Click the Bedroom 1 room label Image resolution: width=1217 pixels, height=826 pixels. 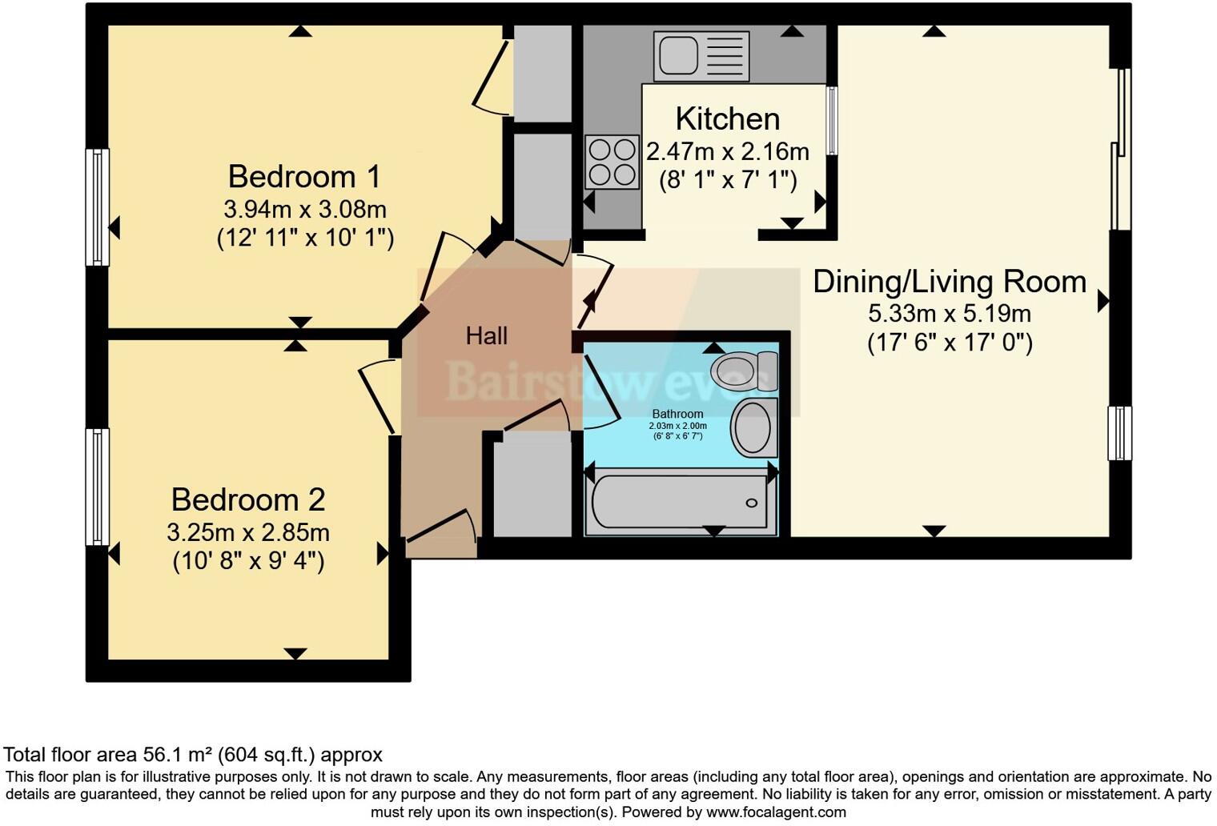click(x=304, y=176)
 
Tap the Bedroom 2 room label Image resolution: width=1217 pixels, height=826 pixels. click(x=248, y=499)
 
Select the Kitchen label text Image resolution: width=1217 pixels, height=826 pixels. click(x=727, y=118)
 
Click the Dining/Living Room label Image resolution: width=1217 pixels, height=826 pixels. click(x=950, y=282)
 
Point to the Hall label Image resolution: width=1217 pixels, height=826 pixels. click(x=486, y=336)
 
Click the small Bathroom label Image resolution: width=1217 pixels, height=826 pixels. click(x=677, y=414)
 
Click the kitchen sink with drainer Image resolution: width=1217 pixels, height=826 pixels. click(x=701, y=56)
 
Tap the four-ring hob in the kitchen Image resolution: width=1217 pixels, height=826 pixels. click(x=613, y=162)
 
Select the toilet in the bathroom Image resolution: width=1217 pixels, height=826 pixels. click(x=745, y=371)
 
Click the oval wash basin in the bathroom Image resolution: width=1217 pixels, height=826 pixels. click(x=753, y=427)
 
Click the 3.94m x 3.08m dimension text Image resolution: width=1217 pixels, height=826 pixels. click(x=304, y=210)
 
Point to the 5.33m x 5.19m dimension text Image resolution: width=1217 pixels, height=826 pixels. click(x=950, y=313)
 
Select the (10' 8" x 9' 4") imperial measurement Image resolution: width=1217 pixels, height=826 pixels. click(x=248, y=561)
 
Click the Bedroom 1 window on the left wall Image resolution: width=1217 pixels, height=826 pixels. click(x=98, y=206)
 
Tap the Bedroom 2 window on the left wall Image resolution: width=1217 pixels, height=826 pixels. click(x=98, y=487)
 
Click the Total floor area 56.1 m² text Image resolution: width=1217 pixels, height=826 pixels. click(x=193, y=755)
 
